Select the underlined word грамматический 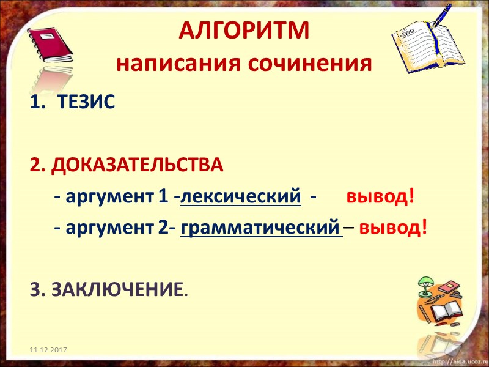point(260,228)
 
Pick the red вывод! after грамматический point(393,228)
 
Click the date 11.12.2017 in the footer point(48,349)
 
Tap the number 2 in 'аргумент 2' point(163,228)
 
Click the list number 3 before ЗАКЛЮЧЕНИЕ point(35,287)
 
